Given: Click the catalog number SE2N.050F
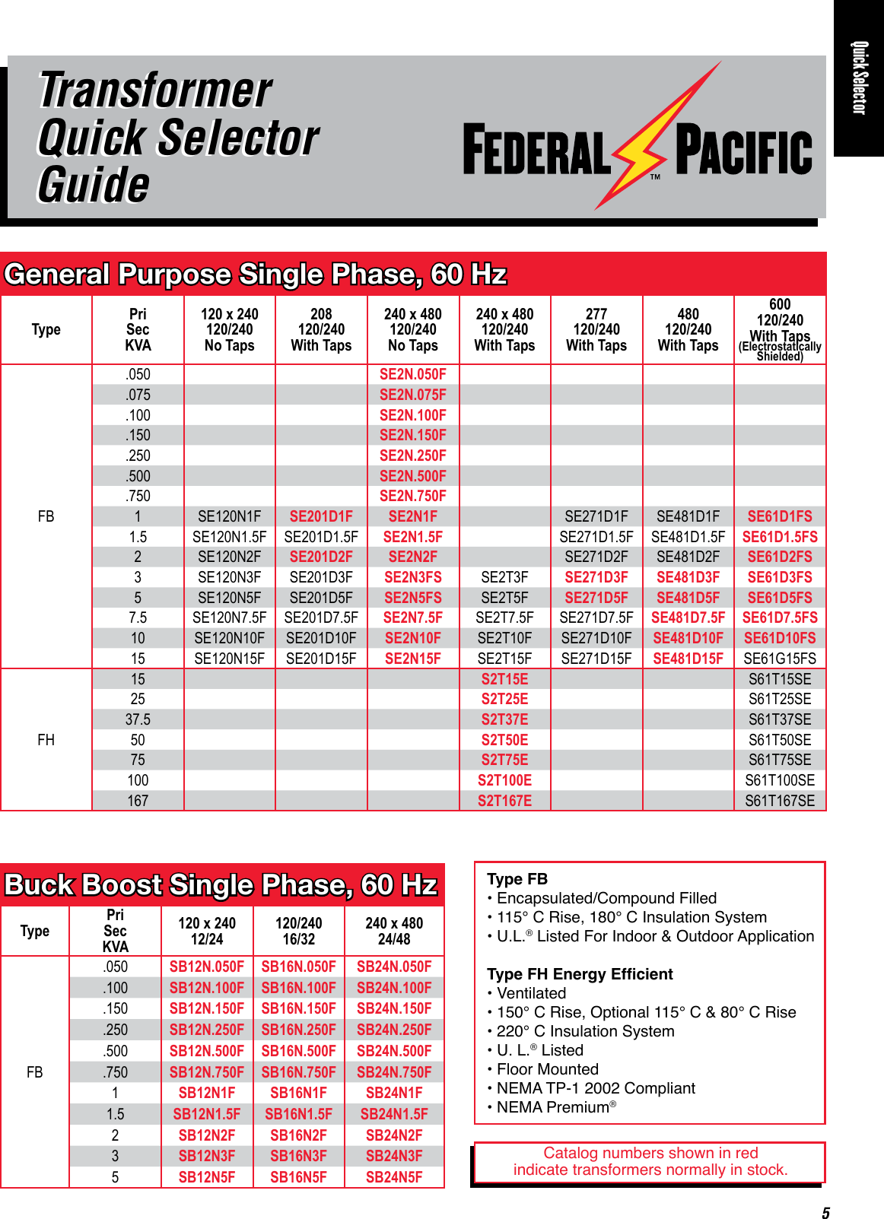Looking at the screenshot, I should [412, 374].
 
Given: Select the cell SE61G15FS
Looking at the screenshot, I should [779, 659].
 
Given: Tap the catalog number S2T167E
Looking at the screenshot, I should [504, 801].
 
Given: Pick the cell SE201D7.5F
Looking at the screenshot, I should [321, 617].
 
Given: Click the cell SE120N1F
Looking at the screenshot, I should [229, 516].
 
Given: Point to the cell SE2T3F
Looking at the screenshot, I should [504, 577].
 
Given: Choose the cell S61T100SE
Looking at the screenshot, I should [779, 780].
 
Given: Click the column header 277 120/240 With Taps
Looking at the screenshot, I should [596, 330].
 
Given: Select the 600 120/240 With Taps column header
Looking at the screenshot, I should [779, 330].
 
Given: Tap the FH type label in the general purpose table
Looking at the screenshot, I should [46, 740].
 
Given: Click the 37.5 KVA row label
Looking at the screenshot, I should [138, 719].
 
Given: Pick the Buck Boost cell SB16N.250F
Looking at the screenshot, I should [298, 1030].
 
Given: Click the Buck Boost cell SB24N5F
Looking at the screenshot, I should [393, 1177].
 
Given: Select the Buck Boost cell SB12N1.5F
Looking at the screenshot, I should [206, 1114].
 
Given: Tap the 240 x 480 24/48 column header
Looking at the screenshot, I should [393, 931].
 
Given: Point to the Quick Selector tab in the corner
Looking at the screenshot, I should [859, 78].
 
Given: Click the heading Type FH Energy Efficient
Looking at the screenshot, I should [580, 974].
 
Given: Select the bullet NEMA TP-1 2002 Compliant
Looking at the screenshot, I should [595, 1088].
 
